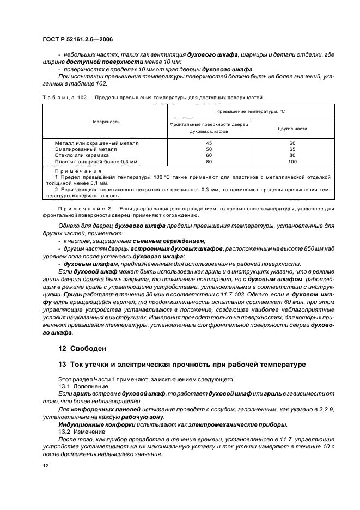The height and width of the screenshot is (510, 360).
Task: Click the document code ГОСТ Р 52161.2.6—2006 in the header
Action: [x=76, y=40]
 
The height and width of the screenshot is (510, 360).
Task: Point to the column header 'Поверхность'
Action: [x=105, y=121]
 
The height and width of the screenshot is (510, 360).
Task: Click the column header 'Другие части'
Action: [x=292, y=129]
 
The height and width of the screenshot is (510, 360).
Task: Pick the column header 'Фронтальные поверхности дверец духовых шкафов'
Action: [x=209, y=129]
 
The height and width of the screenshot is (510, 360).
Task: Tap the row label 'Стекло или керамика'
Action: [x=86, y=155]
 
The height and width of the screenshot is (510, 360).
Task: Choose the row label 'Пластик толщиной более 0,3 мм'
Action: [x=96, y=162]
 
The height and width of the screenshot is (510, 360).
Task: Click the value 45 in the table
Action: [x=209, y=142]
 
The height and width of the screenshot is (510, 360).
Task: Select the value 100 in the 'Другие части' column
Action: [x=292, y=162]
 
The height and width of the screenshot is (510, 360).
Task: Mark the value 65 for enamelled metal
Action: [x=292, y=149]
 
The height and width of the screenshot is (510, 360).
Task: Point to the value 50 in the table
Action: [x=209, y=149]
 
